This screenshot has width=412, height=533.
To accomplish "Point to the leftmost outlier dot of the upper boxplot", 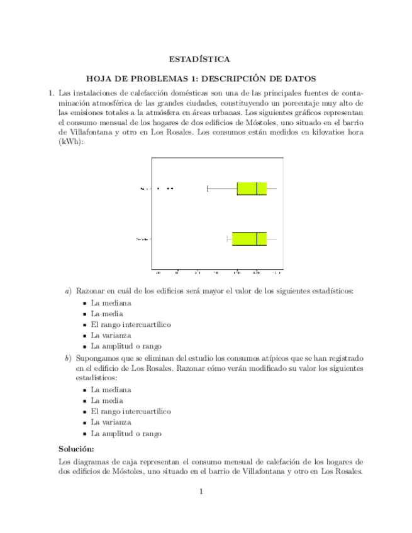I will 157,188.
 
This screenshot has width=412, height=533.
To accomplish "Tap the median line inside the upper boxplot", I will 257,188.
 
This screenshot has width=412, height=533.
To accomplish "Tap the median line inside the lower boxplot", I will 257,239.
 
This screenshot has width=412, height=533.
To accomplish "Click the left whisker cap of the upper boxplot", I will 208,188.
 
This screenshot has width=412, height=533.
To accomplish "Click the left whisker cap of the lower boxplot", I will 226,239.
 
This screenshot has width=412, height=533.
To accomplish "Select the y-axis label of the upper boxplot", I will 145,188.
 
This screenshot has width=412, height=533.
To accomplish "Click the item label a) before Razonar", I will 69,291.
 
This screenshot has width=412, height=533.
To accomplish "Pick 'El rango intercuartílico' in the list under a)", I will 131,324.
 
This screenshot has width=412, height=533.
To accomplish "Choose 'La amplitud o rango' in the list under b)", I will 126,434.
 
